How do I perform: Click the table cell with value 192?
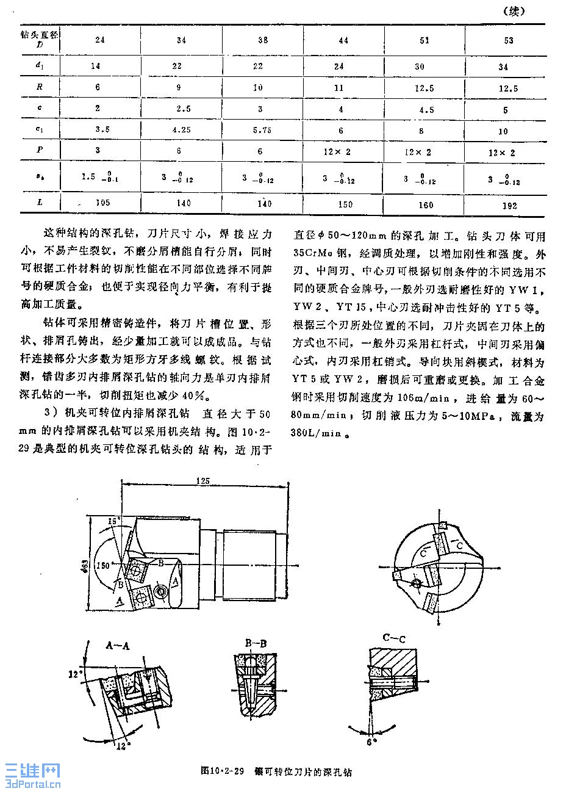(509, 206)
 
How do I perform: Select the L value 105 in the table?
(101, 202)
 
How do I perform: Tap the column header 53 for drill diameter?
(509, 40)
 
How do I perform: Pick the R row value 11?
(343, 87)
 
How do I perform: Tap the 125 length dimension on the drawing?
(203, 481)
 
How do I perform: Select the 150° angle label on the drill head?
(102, 565)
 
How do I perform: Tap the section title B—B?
(256, 643)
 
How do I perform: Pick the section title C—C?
(394, 638)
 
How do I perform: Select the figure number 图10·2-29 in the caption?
(222, 771)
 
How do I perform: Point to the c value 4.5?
(424, 110)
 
